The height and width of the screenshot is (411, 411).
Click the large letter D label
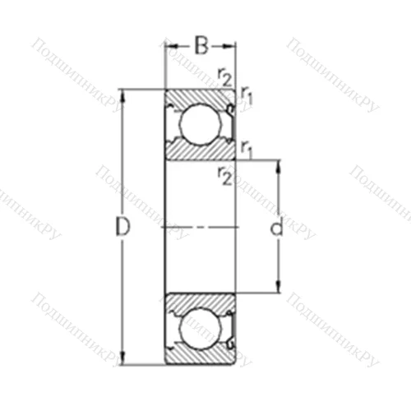coord(122,228)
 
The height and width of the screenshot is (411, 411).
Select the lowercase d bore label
coord(276,228)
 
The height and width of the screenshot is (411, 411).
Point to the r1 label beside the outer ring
coord(247,98)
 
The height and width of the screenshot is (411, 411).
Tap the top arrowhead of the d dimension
coord(278,164)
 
